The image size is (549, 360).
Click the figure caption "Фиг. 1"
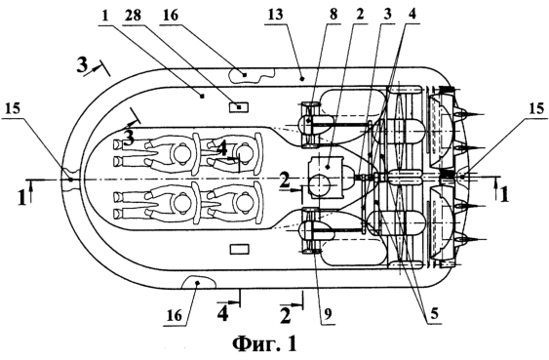pyautogui.click(x=264, y=343)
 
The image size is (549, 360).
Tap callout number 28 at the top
pyautogui.click(x=133, y=16)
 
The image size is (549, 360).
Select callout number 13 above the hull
pyautogui.click(x=275, y=16)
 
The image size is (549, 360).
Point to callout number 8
pyautogui.click(x=333, y=15)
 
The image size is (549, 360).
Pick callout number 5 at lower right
pyautogui.click(x=434, y=314)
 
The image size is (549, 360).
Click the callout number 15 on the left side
pyautogui.click(x=13, y=109)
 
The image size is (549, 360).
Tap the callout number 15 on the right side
pyautogui.click(x=536, y=109)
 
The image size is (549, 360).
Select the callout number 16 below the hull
pyautogui.click(x=174, y=315)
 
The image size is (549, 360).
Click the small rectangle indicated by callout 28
pyautogui.click(x=239, y=106)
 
